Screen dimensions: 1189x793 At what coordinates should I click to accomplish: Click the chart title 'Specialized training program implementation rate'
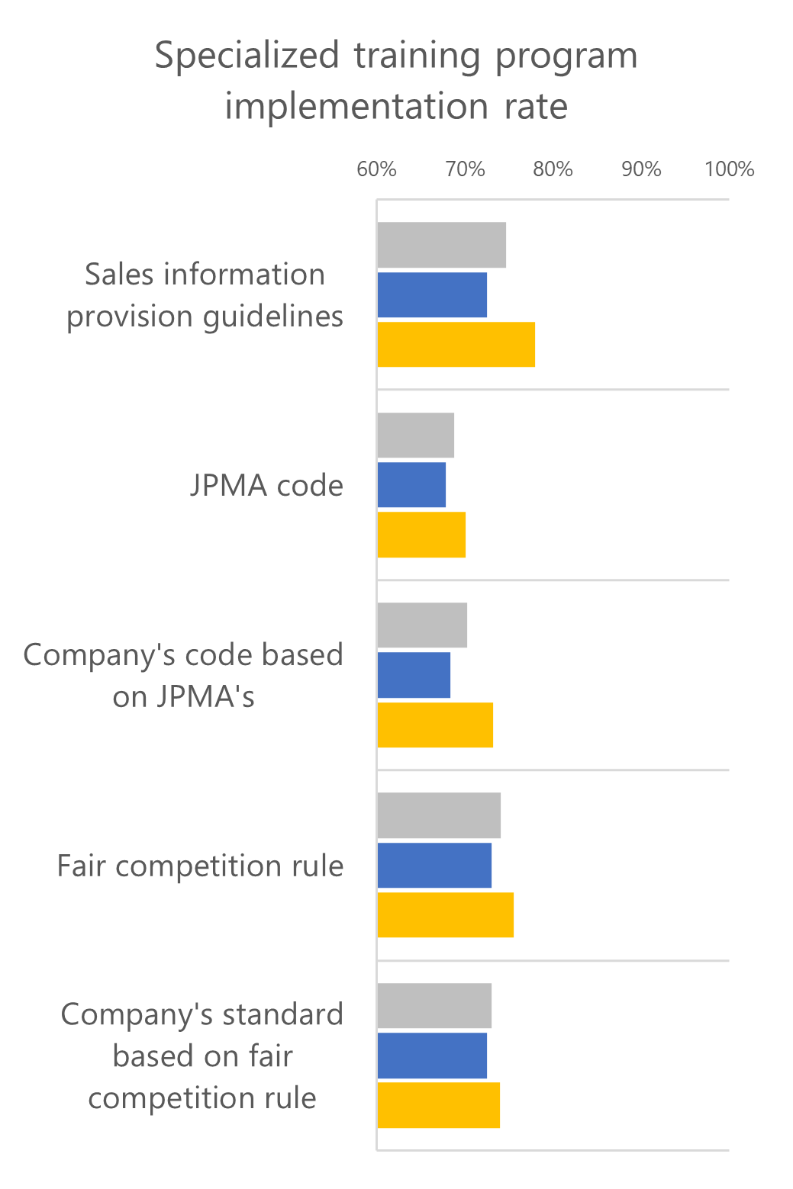point(396,80)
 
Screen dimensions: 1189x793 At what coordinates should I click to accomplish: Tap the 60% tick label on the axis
point(376,169)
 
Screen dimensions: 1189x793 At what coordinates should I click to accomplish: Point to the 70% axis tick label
point(465,169)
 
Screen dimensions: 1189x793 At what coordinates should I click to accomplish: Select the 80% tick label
point(553,169)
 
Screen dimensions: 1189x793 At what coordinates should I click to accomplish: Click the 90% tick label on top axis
point(641,169)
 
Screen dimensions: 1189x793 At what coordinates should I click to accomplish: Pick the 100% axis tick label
point(729,169)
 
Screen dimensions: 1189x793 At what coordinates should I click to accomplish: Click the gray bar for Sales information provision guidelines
point(441,246)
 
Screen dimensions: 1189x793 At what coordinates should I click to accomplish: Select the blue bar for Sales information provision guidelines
point(432,295)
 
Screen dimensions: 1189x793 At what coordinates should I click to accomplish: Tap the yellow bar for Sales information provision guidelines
point(456,345)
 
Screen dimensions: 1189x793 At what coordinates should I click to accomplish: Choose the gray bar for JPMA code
point(415,435)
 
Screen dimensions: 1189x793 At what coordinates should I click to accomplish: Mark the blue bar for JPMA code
point(411,485)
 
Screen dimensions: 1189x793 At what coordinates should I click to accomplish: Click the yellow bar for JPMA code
point(421,535)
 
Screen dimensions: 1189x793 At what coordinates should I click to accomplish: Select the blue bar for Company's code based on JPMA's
point(414,675)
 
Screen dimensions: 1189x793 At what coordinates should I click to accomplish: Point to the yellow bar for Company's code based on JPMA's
point(435,725)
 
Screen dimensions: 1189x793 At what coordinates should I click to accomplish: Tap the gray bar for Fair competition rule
point(439,815)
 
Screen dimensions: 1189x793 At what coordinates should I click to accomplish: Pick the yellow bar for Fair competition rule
point(445,914)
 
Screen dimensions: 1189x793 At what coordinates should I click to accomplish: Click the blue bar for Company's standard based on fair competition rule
point(432,1056)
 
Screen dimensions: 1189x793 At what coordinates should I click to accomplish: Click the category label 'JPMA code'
point(266,486)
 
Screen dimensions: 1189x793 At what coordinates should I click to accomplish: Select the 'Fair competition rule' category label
point(200,866)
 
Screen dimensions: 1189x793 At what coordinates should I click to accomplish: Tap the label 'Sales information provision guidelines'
point(205,295)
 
